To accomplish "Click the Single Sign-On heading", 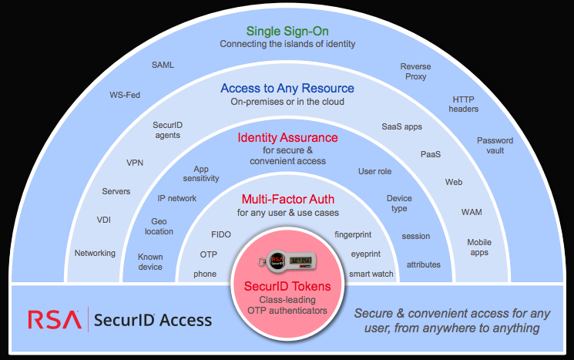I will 287,32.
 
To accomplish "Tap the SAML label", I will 163,65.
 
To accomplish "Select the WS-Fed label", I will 125,96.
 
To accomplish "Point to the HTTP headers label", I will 465,104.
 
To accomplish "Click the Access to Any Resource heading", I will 287,89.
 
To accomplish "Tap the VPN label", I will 135,163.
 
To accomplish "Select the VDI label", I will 104,220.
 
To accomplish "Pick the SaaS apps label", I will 401,126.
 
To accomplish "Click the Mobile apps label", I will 479,247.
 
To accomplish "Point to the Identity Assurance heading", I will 287,138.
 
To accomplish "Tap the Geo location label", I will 159,226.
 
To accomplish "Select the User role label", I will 375,170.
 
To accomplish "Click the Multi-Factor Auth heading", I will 287,199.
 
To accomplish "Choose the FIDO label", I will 221,234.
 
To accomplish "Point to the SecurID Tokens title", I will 287,286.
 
